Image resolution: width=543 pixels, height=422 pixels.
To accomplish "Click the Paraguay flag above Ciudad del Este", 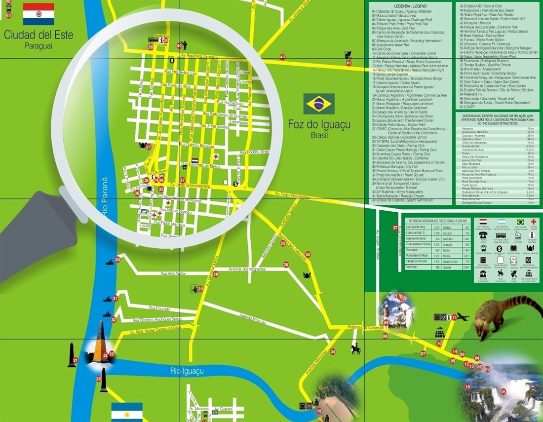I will [39, 14].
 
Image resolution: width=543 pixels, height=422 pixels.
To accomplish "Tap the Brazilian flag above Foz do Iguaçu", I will [319, 104].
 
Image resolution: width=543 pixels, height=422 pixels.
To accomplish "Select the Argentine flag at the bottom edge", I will [127, 412].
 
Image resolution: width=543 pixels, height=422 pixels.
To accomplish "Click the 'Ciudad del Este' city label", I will [39, 36].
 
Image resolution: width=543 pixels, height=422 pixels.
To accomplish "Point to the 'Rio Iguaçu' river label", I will [188, 371].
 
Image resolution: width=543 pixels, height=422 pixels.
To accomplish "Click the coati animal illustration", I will [504, 316].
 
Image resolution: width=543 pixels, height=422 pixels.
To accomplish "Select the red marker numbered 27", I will [395, 228].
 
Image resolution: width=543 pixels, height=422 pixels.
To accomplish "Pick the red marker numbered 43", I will [282, 57].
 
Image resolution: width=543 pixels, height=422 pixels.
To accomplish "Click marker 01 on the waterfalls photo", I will [504, 392].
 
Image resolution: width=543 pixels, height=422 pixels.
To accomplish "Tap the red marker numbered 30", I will [117, 260].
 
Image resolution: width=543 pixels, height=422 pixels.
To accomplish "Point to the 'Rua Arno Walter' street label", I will [173, 273].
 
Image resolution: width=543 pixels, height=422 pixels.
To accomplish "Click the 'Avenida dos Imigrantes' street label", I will [247, 269].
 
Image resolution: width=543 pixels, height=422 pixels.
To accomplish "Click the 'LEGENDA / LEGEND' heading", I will [411, 5].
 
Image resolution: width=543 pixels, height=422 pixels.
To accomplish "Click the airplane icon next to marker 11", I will [463, 317].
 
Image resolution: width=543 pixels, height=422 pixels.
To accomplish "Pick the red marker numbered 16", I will [319, 411].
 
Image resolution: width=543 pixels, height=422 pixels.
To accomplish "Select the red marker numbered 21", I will [75, 360].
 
